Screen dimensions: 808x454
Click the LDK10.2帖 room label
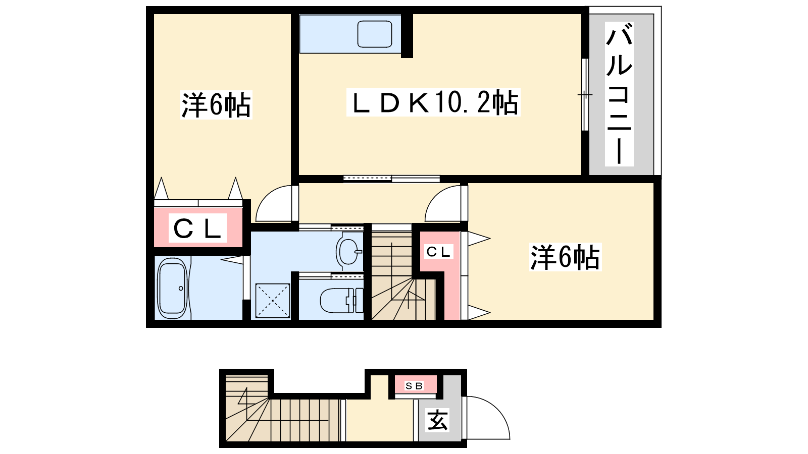click(434, 102)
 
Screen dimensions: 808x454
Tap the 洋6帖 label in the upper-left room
click(216, 105)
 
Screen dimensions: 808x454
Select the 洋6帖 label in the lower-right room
click(565, 257)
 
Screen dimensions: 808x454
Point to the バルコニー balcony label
click(619, 94)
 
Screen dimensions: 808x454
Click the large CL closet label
click(197, 229)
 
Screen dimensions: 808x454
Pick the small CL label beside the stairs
click(438, 252)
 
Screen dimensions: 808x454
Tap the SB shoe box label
click(414, 386)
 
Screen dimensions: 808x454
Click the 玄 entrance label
click(437, 420)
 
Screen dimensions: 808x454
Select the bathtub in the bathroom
click(173, 288)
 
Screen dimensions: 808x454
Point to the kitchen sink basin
click(374, 34)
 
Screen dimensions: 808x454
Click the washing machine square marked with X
click(273, 301)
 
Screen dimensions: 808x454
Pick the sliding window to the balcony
click(585, 94)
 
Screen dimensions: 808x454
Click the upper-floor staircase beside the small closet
click(403, 275)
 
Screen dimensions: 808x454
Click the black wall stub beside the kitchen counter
click(407, 35)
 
